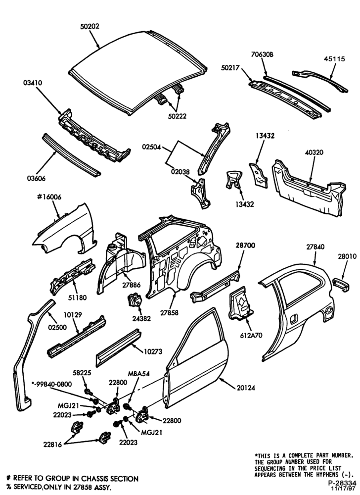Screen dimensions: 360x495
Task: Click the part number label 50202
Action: coord(90,27)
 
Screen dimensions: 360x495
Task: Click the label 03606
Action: coord(36,179)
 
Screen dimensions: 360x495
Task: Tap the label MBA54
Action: coord(138,373)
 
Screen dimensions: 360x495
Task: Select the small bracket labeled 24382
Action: coord(134,300)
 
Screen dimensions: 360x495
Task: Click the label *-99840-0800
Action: coord(52,384)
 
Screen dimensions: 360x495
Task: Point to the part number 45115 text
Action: coord(334,59)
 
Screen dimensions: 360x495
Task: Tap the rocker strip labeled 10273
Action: coord(118,348)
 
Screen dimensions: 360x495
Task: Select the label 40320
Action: coord(314,152)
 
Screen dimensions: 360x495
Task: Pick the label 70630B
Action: coord(262,54)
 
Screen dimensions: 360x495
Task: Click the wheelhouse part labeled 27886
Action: coord(121,264)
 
